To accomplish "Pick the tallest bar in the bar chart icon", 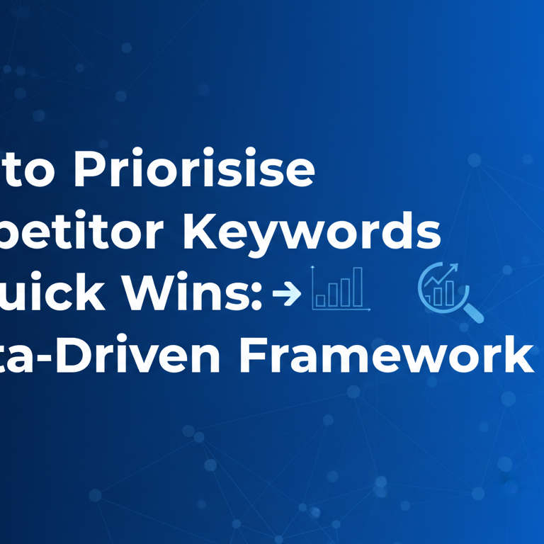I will point(358,286).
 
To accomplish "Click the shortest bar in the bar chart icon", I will point(321,300).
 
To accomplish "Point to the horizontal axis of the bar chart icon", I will point(341,310).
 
